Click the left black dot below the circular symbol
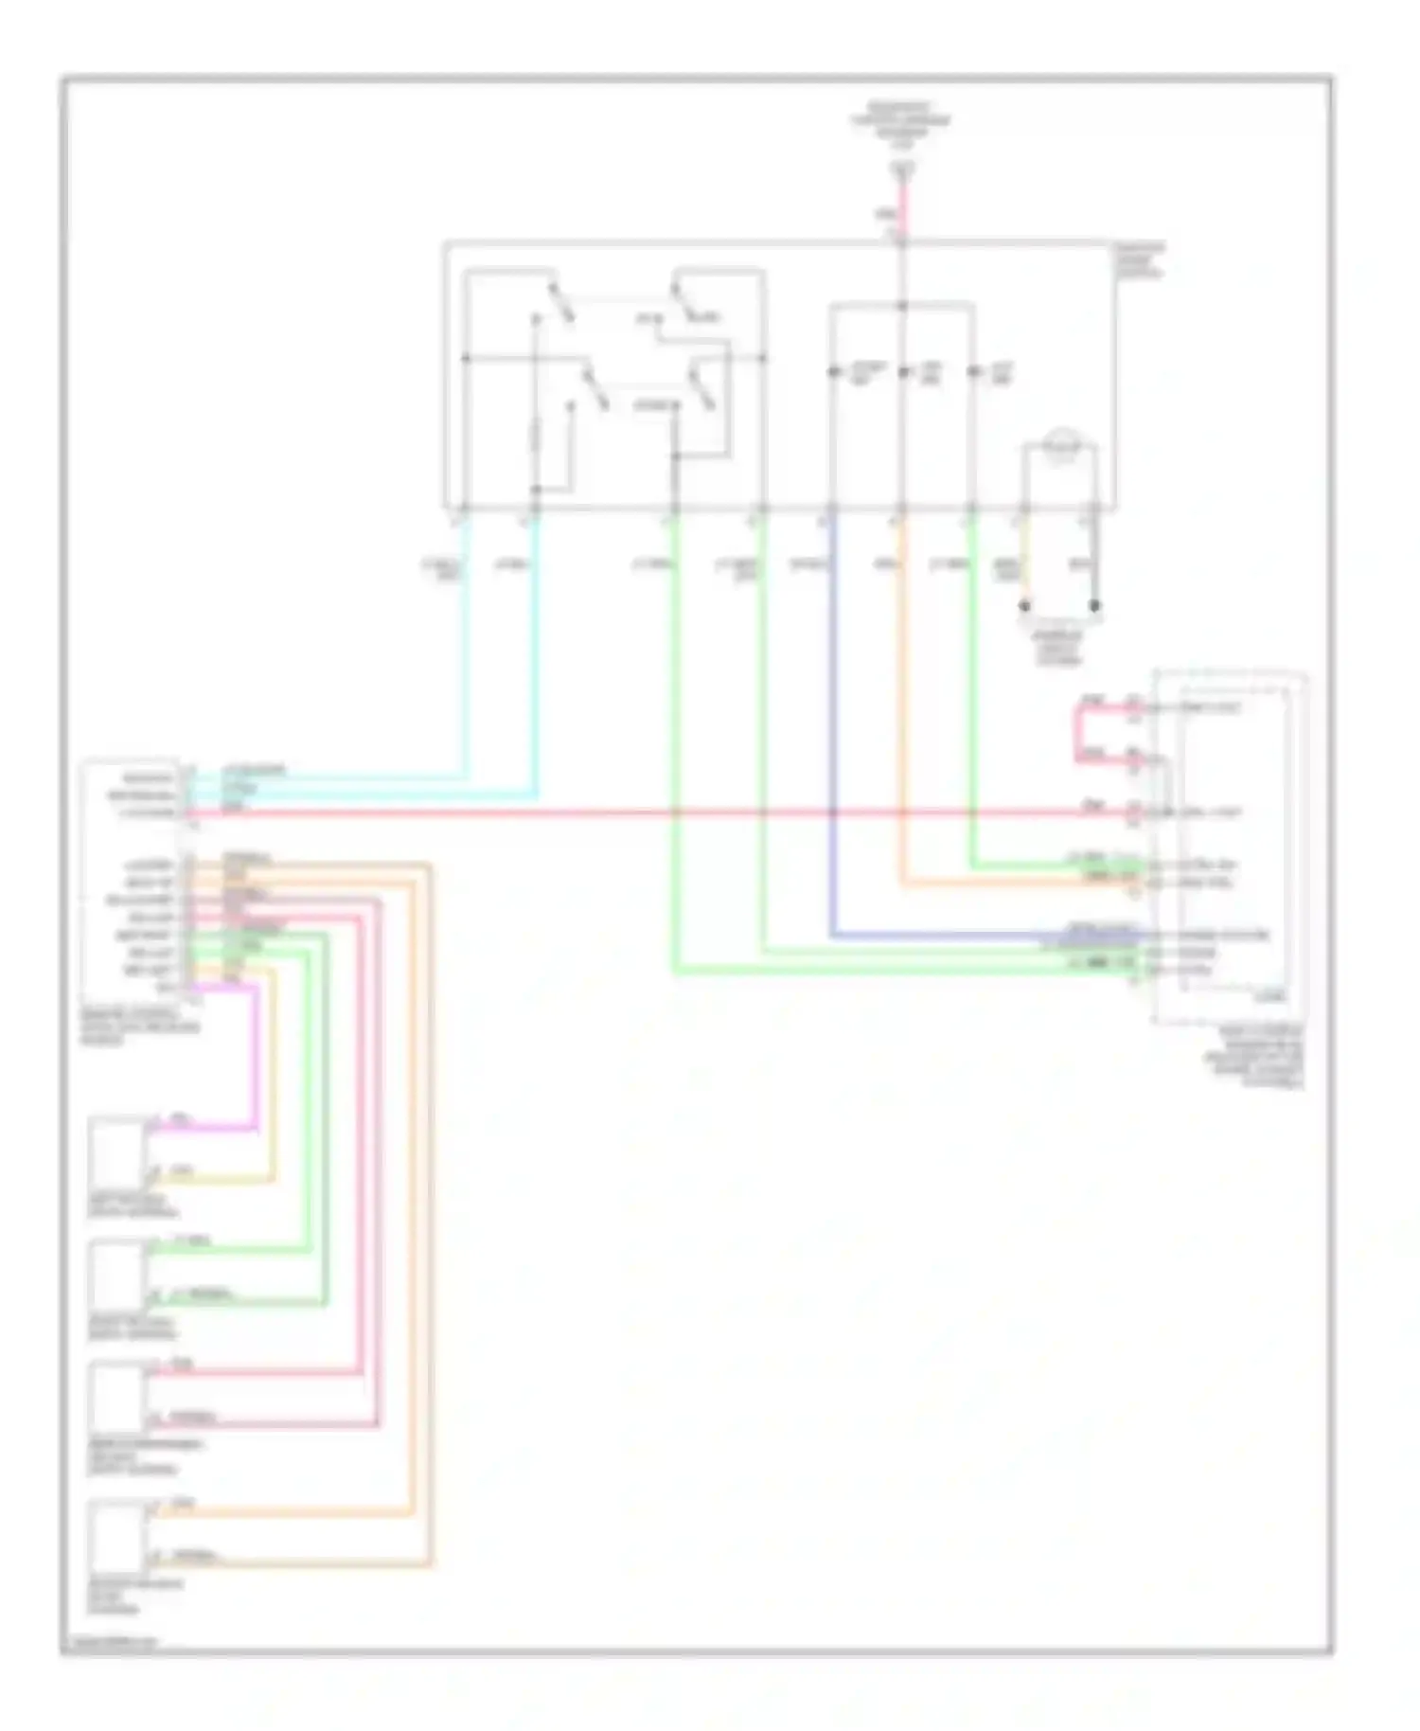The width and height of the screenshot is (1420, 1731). pos(1024,605)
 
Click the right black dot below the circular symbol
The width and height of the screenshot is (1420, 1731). pos(1094,605)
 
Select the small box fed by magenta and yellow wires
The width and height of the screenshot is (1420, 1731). pos(116,1151)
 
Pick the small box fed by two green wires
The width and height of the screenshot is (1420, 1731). pos(116,1275)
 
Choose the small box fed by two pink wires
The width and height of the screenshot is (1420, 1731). pos(116,1396)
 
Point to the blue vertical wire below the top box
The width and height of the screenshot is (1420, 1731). pos(832,720)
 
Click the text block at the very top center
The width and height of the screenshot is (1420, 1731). pos(900,123)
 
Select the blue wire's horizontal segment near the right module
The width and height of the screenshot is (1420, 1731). pos(985,936)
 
